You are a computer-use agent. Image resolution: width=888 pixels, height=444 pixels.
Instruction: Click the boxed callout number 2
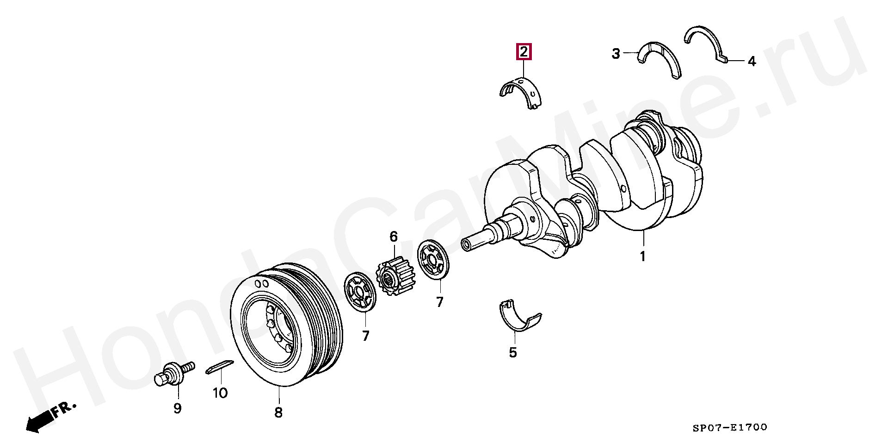[524, 52]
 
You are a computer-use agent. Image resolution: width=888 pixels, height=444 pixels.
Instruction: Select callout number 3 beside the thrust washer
[616, 54]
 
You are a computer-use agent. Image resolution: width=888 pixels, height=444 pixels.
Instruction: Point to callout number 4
[752, 62]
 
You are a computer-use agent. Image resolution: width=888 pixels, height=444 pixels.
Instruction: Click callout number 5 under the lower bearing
[512, 352]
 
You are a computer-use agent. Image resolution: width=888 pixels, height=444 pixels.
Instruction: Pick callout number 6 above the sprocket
[393, 237]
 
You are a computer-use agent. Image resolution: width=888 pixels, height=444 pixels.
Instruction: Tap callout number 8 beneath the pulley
[278, 412]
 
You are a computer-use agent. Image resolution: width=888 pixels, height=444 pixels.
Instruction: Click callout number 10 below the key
[220, 393]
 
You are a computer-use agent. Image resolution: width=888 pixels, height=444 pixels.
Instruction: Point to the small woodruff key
[218, 366]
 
